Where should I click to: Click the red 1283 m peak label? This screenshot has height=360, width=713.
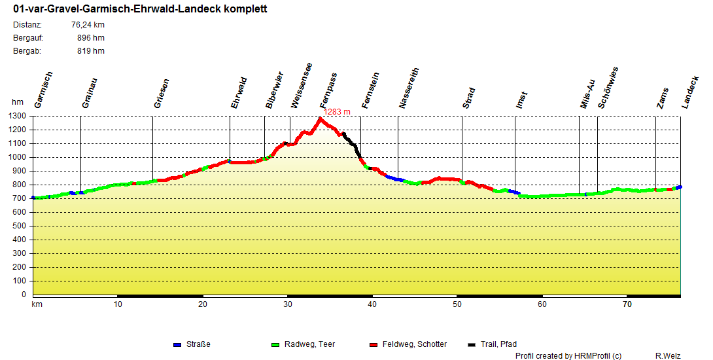(338, 112)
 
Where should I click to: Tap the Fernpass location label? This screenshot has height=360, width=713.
(328, 90)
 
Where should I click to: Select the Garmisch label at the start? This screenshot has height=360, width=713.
(43, 90)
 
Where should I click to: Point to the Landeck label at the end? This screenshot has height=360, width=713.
(690, 90)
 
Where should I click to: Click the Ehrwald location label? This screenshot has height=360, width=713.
(239, 93)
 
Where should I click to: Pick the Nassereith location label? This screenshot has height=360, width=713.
(409, 88)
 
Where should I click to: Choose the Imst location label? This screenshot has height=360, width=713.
(521, 100)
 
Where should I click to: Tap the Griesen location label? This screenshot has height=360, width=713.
(162, 93)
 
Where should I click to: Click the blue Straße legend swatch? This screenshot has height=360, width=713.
(177, 344)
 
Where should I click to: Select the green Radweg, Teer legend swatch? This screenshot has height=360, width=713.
(275, 344)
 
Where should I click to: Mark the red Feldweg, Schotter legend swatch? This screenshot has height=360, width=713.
(374, 344)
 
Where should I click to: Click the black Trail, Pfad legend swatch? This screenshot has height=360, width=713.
(472, 344)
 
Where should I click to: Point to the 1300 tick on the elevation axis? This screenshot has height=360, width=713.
(18, 116)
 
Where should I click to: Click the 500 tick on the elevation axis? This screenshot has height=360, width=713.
(20, 226)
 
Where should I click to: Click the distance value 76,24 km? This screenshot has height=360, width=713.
(88, 25)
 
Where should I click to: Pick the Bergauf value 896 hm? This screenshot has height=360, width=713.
(90, 38)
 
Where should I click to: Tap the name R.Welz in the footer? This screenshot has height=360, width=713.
(668, 355)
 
